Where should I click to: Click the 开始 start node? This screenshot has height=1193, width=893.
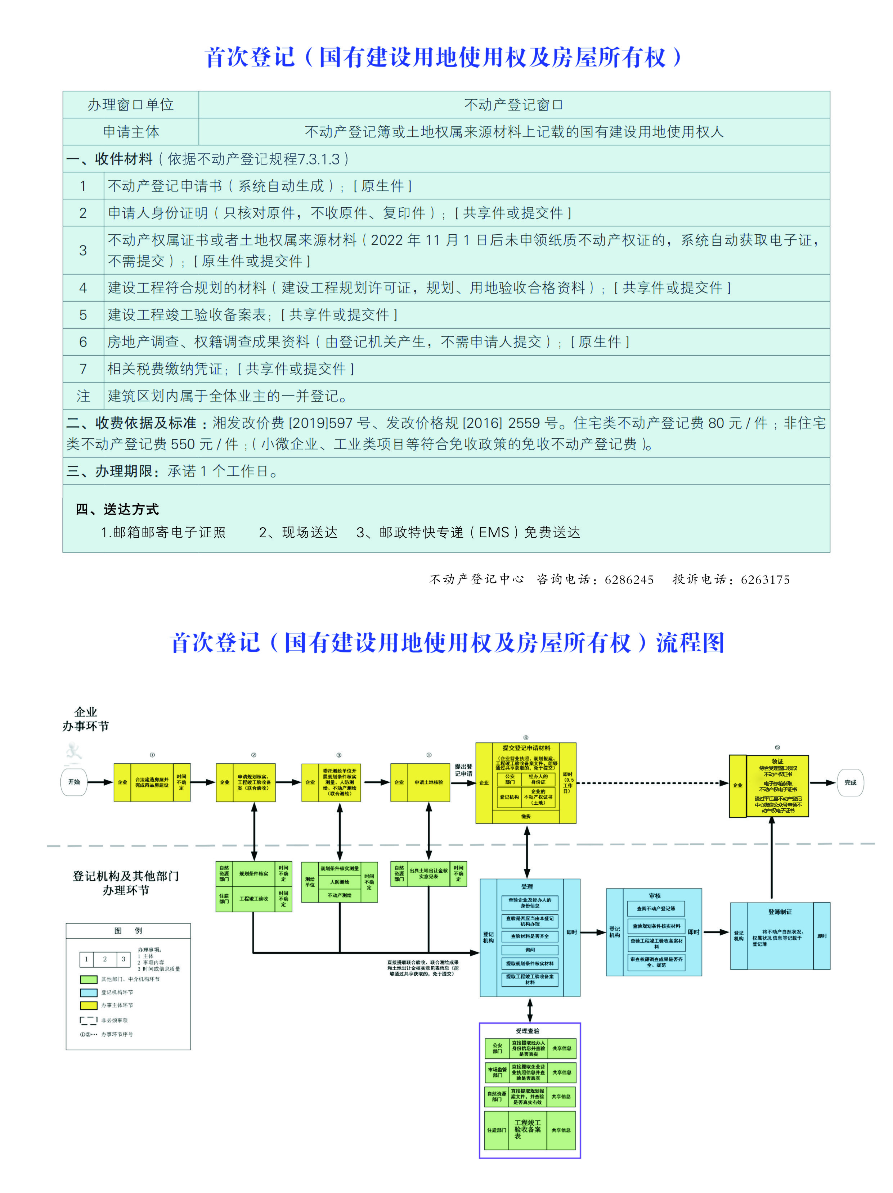[x=74, y=782]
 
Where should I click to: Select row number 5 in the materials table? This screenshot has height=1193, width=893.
[x=83, y=315]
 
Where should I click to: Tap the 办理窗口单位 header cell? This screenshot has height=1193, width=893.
[x=131, y=105]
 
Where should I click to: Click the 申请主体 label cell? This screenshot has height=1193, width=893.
[x=131, y=132]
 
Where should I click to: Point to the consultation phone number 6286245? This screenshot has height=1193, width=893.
[x=629, y=580]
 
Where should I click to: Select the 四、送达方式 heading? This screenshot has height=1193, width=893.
[x=117, y=509]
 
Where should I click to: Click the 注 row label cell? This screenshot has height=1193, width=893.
[x=83, y=396]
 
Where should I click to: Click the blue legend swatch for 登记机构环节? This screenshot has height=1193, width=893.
[x=89, y=993]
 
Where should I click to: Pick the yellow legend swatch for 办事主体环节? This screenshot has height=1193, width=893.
[x=89, y=1005]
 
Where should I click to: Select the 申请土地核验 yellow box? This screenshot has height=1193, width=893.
[x=428, y=782]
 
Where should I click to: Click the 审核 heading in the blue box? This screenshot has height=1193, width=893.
[x=655, y=895]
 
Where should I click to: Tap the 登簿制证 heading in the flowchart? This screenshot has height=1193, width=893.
[x=780, y=912]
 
